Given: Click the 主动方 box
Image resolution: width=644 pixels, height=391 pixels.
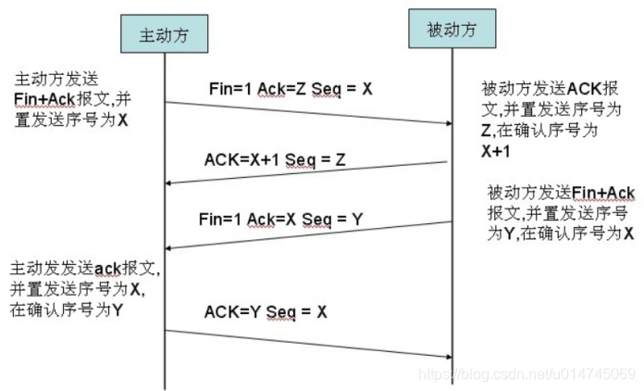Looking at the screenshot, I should (164, 35).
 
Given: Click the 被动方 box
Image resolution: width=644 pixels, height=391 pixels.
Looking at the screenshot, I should (453, 30).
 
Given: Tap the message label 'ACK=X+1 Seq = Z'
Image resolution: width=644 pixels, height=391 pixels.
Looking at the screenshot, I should (275, 159).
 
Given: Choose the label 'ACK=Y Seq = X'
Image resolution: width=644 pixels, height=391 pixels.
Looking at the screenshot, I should (266, 312).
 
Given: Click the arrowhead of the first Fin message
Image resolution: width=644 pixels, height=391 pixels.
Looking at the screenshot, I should (447, 122).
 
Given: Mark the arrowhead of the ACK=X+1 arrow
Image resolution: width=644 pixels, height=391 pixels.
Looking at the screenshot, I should (169, 184).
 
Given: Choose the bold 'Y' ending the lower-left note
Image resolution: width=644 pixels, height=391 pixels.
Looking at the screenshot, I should (118, 310).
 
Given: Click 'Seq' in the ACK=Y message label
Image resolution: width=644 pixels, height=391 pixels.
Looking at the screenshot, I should (280, 312).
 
